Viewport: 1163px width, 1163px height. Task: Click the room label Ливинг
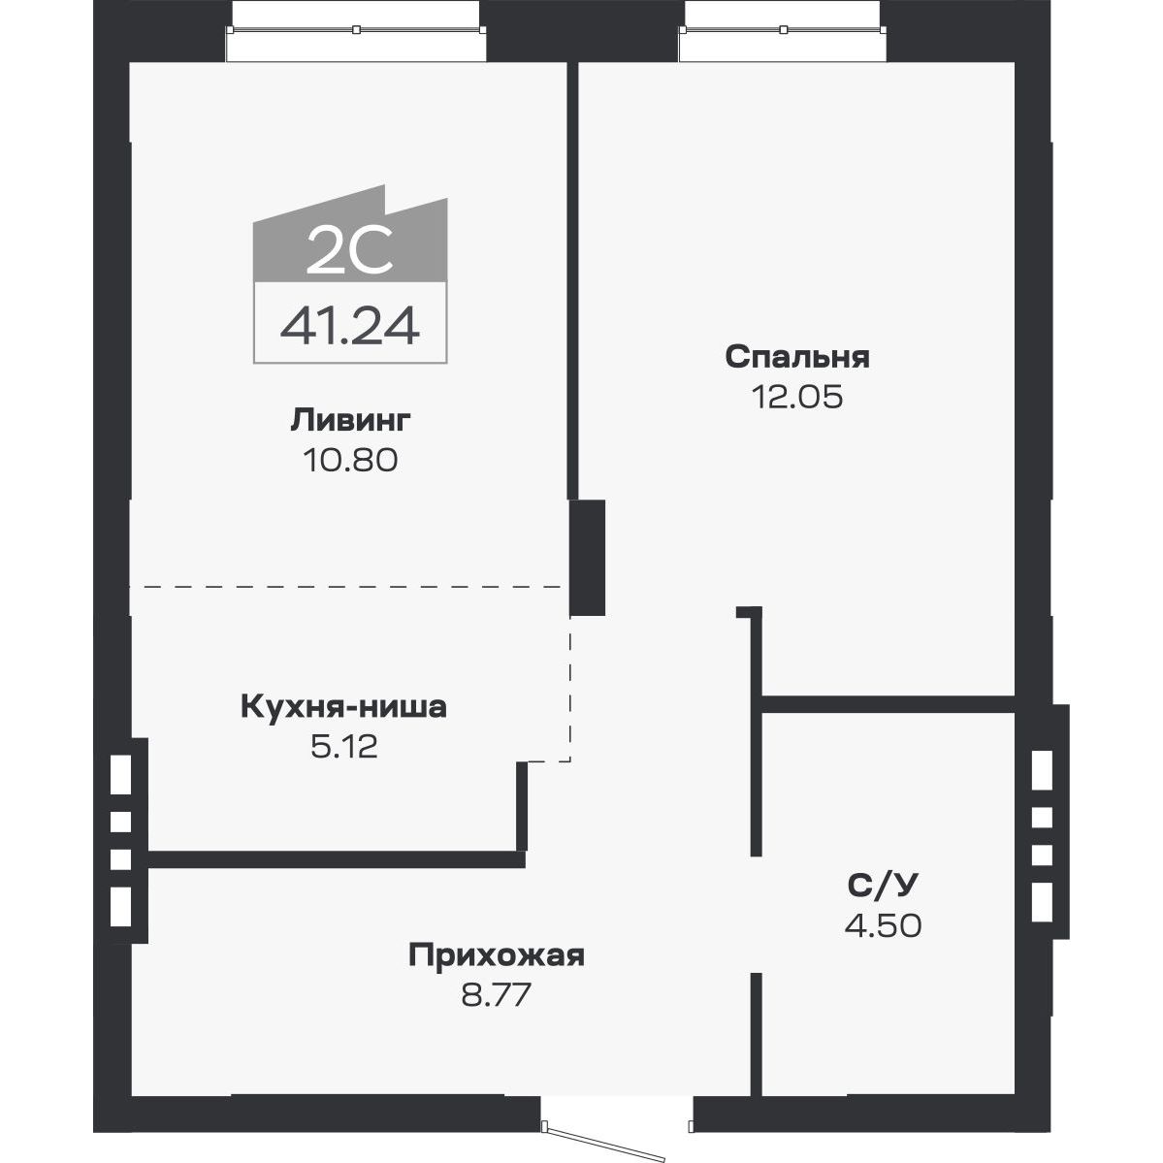(x=350, y=420)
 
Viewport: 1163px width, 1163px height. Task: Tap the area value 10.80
(x=350, y=459)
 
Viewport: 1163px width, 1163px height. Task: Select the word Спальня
(x=797, y=357)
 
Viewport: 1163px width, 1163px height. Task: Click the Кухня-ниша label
(x=343, y=707)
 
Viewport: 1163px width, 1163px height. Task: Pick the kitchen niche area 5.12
(x=343, y=747)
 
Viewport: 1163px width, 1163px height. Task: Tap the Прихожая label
(x=497, y=955)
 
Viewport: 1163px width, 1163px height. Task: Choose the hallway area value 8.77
(x=497, y=995)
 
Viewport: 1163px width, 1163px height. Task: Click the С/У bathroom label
(x=883, y=885)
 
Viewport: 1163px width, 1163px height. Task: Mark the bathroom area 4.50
(x=883, y=924)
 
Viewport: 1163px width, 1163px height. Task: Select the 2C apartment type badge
(x=350, y=250)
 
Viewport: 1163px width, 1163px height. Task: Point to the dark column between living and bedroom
(x=587, y=557)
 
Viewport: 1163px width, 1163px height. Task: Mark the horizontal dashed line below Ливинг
(x=349, y=587)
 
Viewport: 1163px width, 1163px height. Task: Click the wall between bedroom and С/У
(x=888, y=704)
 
